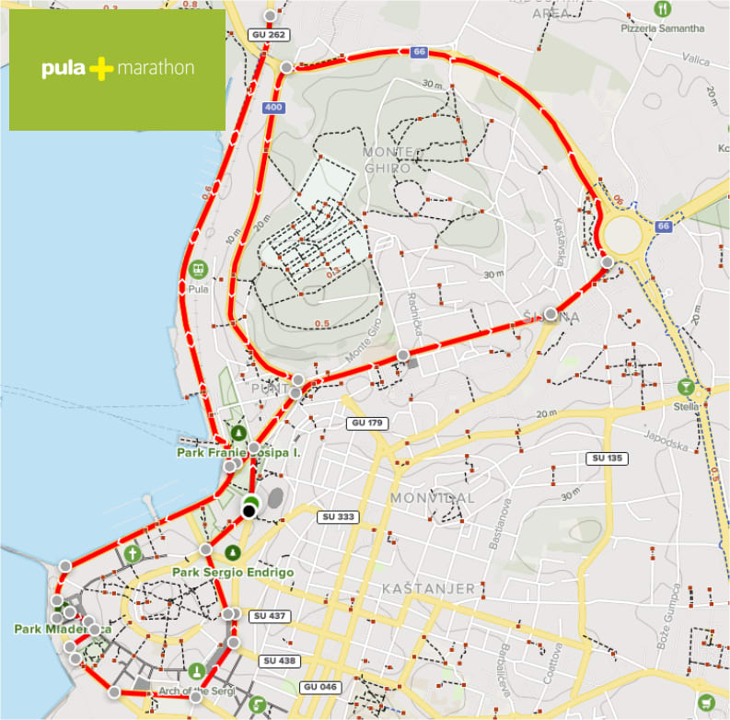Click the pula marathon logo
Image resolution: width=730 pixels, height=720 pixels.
point(117,69)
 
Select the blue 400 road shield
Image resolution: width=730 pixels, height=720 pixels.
point(272,108)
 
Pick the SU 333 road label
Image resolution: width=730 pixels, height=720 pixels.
point(338,517)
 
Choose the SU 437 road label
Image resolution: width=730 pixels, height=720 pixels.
point(271,615)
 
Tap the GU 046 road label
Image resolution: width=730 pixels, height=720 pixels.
point(319,688)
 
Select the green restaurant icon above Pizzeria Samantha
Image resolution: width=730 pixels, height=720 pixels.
point(663,9)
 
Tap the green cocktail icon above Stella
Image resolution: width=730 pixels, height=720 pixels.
point(686,387)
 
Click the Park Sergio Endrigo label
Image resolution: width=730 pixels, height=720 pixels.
point(233,573)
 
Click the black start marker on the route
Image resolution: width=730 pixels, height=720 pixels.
point(249,510)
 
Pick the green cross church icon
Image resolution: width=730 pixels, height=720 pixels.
point(133,553)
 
